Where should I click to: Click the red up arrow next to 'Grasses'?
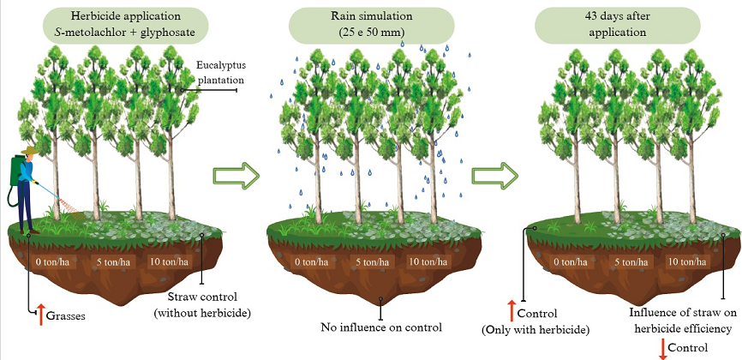click(39, 314)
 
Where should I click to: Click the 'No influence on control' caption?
click(381, 327)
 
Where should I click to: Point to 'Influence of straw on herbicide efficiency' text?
click(680, 321)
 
